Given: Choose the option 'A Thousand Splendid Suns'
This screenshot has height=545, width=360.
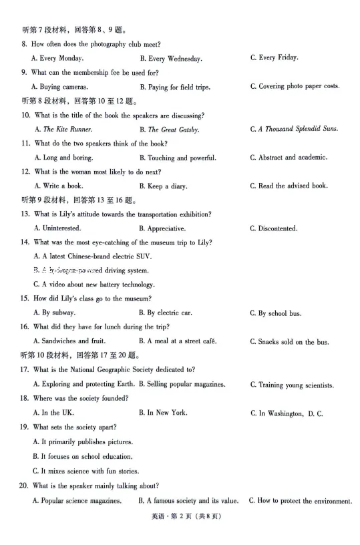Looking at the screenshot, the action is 298,129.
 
